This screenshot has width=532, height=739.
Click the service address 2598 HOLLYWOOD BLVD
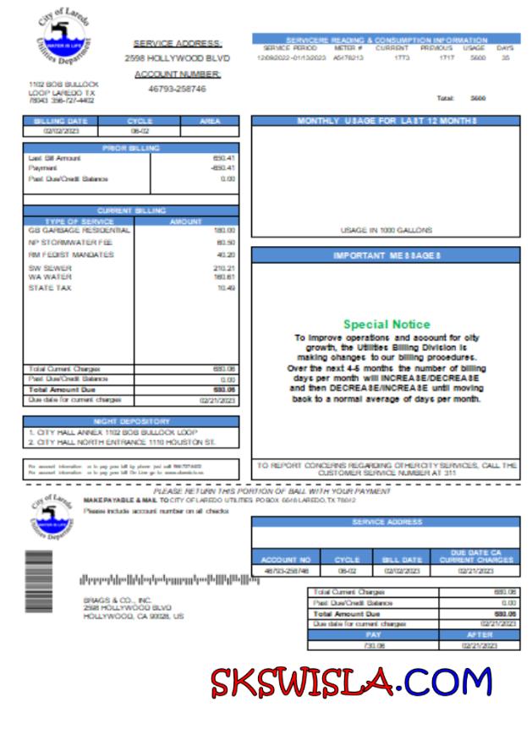177,59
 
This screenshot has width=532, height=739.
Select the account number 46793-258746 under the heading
177,88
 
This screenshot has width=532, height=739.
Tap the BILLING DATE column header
60,122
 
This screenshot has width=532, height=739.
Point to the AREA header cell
210,122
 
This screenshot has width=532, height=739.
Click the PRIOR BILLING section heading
131,148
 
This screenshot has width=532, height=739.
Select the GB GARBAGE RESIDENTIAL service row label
80,230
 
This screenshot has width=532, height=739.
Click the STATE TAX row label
50,287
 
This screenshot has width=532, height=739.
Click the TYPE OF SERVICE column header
79,221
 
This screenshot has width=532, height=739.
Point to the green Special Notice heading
387,324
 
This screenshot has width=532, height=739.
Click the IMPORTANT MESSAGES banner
386,255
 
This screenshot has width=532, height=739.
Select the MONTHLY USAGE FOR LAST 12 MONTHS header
386,122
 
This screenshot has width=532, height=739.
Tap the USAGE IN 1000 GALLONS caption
386,230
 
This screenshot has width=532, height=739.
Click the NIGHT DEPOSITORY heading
131,421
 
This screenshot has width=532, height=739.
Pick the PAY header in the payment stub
373,634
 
